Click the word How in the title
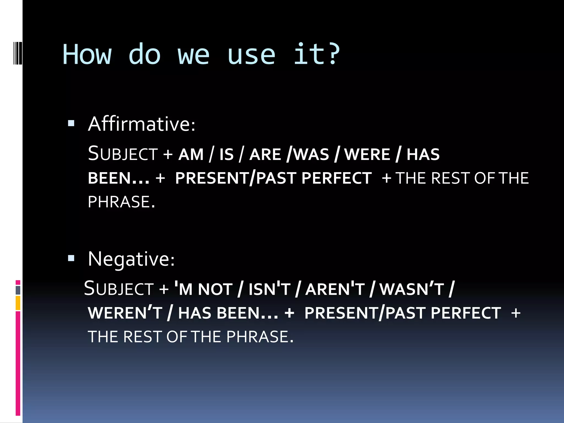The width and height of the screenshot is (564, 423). [x=87, y=55]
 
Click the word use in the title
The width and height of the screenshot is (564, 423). [x=251, y=55]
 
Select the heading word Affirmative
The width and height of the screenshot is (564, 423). [x=141, y=124]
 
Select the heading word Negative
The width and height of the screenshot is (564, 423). [x=131, y=259]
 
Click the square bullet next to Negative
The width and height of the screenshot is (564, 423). [x=71, y=258]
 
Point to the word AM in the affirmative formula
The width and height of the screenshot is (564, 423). [x=191, y=154]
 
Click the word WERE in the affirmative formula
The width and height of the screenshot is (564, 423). [x=367, y=154]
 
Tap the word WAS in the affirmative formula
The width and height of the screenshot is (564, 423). [x=311, y=154]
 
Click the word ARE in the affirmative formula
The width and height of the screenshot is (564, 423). [x=265, y=154]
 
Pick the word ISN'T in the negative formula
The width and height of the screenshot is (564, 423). [x=269, y=289]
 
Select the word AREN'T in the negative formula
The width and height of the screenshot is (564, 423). [x=335, y=289]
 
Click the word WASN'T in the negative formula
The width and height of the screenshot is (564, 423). [x=411, y=289]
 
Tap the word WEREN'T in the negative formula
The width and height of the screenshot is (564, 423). [x=125, y=313]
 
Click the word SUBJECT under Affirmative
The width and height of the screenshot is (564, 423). [x=123, y=154]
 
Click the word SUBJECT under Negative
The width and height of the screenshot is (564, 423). [x=119, y=289]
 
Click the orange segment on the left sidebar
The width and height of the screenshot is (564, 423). [x=18, y=303]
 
